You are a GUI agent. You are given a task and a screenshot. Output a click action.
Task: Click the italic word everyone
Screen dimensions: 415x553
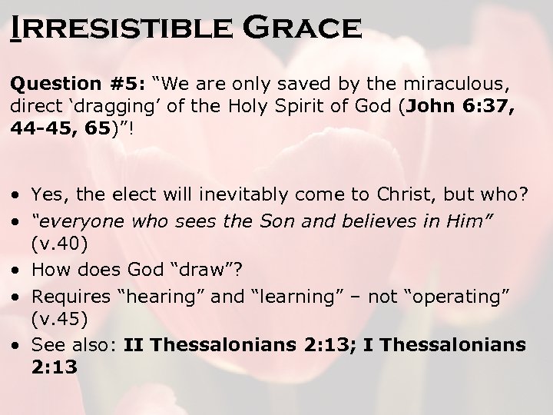click(x=75, y=222)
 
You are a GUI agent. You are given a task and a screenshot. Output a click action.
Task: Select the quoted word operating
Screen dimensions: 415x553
click(x=459, y=294)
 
